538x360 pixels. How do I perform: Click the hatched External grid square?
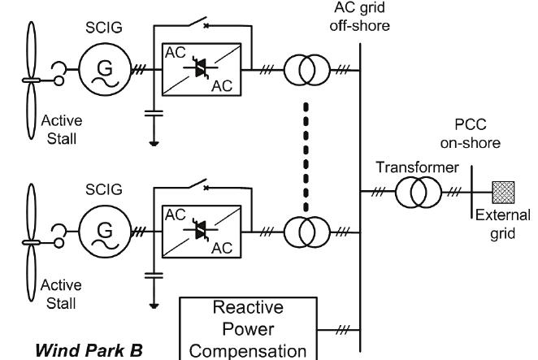[502, 192]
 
